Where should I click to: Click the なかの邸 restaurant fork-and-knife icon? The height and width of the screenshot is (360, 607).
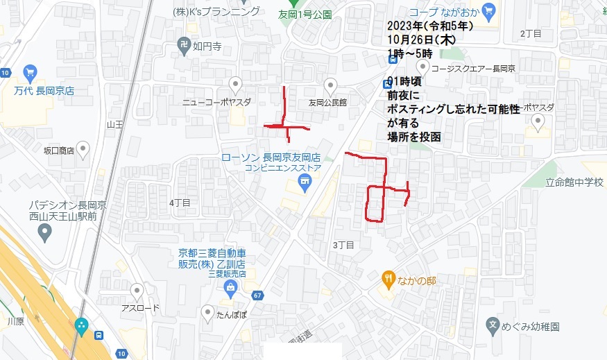388,280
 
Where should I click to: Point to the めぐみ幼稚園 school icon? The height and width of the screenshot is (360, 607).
492,325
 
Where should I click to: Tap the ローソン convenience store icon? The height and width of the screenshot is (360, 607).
302,182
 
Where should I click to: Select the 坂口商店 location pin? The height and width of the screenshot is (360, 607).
83,148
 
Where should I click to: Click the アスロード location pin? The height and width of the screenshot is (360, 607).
137,292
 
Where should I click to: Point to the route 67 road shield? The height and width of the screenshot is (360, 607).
257,296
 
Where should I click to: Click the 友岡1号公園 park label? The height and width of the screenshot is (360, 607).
305,13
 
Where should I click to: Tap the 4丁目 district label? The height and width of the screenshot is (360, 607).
179,203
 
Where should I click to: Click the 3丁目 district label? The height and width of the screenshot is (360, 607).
343,244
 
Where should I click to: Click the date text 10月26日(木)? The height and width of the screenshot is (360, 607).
421,40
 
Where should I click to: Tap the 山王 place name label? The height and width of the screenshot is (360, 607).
114,124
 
